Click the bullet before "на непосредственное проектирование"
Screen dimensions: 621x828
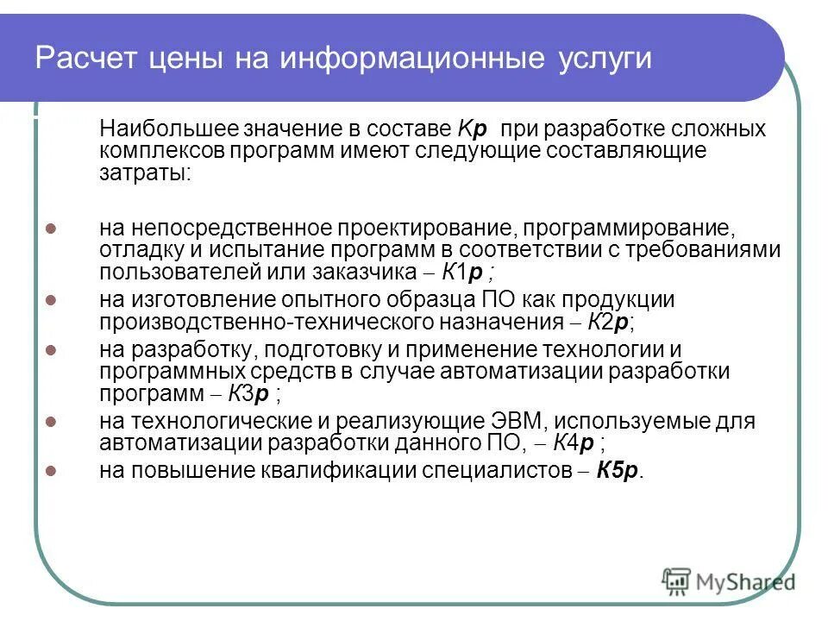[50, 229]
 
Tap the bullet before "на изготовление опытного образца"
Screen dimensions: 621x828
[50, 301]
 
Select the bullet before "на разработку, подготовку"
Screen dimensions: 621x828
[50, 350]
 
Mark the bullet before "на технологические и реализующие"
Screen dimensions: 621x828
[50, 423]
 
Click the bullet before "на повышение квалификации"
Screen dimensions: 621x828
[50, 471]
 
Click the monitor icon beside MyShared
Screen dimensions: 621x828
[676, 582]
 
